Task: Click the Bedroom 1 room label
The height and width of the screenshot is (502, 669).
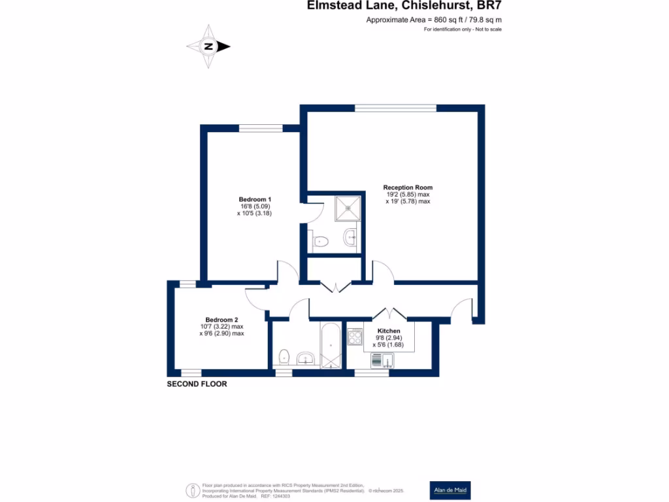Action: point(255,199)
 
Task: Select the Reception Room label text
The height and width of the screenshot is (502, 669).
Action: point(408,188)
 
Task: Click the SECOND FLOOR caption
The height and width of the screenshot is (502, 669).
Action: point(197,384)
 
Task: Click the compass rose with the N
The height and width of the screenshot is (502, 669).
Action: point(208,46)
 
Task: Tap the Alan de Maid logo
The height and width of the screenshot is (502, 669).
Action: point(449,490)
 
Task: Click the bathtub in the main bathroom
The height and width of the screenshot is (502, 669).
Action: point(330,345)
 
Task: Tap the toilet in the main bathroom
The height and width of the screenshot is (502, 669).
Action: point(284,358)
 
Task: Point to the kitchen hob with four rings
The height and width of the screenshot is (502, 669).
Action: point(356,337)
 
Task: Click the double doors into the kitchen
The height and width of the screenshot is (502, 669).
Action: point(391,312)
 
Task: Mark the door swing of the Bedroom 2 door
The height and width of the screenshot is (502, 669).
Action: point(256,297)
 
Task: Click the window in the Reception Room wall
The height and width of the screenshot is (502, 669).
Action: point(395,108)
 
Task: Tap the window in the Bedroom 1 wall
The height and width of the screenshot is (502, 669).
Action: point(260,128)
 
